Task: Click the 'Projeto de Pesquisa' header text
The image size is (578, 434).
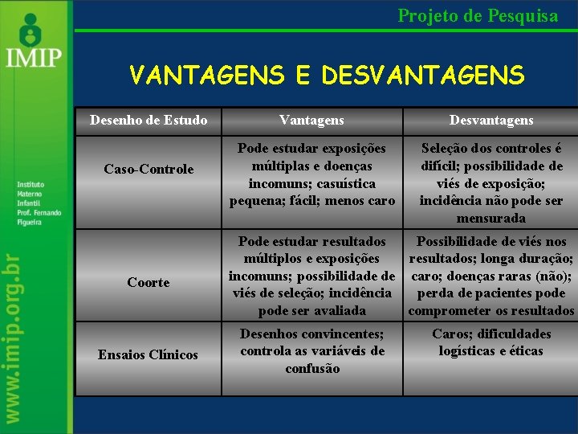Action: pos(478,15)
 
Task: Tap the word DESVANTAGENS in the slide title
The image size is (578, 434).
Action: pos(422,76)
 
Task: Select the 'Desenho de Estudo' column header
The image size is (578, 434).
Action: pos(149,121)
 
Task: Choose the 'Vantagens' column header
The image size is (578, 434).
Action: pos(311,121)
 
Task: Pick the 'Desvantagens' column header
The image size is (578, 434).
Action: pos(490,121)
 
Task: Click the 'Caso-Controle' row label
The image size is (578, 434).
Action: pos(149,169)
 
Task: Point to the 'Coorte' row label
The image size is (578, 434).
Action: pos(149,282)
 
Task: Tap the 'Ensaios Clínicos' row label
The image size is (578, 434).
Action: pos(149,354)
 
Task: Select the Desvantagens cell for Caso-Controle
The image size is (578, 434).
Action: pos(490,183)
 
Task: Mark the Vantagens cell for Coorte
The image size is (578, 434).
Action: pos(311,276)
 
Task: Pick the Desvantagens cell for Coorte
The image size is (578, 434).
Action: pos(490,276)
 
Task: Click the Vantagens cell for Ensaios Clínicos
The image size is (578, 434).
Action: pos(311,351)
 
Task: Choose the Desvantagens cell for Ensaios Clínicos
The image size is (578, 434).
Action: pos(490,342)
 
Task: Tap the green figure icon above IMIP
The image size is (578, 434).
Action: pos(31,29)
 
